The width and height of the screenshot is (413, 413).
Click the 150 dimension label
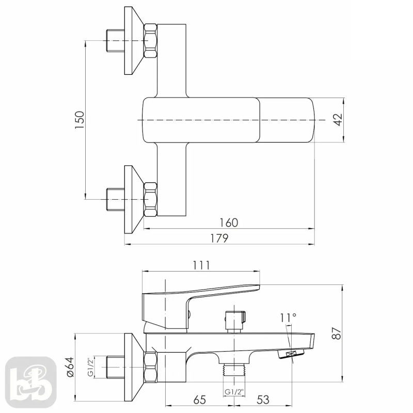[80, 120]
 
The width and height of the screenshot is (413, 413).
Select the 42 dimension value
[339, 120]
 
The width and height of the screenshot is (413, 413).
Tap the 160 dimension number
[229, 223]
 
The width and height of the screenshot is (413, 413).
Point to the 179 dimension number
[219, 238]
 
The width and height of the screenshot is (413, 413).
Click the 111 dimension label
[201, 265]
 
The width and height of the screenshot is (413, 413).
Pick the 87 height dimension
[337, 333]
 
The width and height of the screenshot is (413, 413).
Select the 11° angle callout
[288, 318]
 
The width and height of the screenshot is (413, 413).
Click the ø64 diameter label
[70, 367]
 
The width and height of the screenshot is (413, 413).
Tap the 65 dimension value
[199, 400]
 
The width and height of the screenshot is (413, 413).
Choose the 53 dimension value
[263, 400]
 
